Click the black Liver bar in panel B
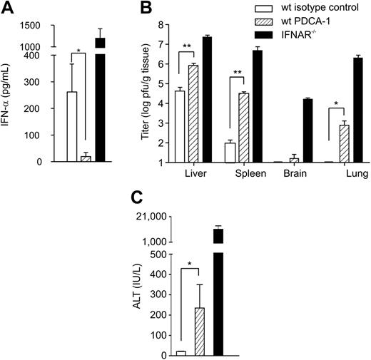(x=206, y=100)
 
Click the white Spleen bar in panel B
(x=230, y=153)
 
